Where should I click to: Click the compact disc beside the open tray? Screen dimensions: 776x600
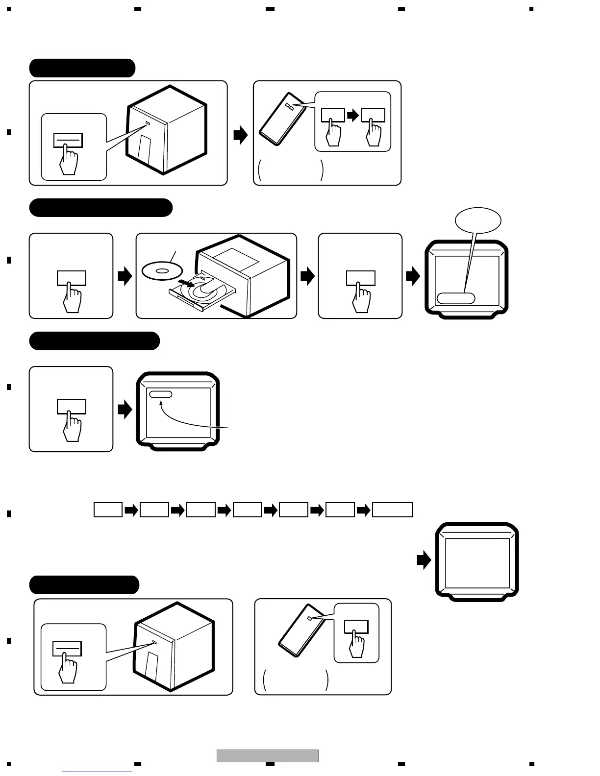click(x=162, y=270)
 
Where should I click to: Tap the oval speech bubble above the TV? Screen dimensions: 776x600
click(x=478, y=221)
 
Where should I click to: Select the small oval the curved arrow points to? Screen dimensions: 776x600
click(x=161, y=394)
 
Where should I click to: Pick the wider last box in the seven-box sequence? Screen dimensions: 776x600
click(x=392, y=510)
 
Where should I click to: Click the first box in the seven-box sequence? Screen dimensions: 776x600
click(x=108, y=510)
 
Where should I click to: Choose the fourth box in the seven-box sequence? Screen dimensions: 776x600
click(x=247, y=510)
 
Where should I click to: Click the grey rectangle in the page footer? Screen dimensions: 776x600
click(x=268, y=756)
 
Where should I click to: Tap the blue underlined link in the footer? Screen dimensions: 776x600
click(x=97, y=772)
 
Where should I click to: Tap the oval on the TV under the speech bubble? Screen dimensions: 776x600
click(x=456, y=298)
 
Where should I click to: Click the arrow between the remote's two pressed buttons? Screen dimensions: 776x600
click(x=353, y=116)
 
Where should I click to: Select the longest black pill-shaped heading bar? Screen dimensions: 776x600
click(x=100, y=208)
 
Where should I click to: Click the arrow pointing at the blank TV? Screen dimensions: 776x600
click(x=424, y=560)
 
